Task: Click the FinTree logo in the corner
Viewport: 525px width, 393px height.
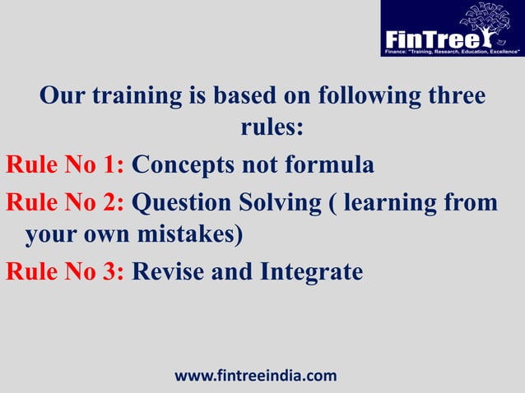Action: (452, 29)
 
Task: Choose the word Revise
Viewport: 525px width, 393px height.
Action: (170, 271)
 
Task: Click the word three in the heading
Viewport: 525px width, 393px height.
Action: (452, 95)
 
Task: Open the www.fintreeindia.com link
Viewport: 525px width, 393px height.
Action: (256, 376)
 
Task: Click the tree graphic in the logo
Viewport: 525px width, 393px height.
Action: (492, 22)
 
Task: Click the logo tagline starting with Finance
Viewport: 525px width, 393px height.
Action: (450, 50)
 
